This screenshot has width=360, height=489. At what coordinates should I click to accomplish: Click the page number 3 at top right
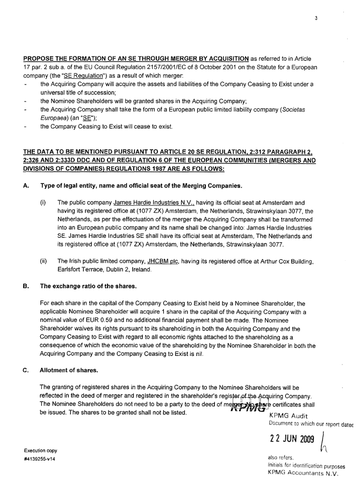[x=316, y=18]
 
